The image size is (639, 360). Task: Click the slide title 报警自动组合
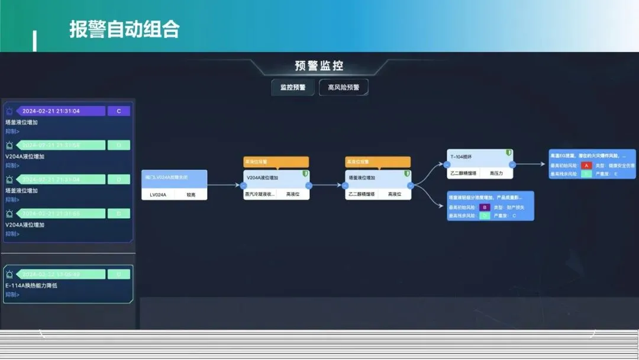point(124,29)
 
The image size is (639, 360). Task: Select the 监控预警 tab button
point(293,88)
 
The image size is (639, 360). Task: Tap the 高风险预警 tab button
point(344,88)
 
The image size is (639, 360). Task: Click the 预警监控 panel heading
point(319,66)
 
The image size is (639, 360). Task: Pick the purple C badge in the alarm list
point(119,111)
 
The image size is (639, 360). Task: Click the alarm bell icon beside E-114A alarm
point(9,274)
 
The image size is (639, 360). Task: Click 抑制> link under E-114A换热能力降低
point(12,294)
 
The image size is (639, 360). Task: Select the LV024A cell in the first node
point(158,194)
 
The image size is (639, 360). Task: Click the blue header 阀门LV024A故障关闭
point(174,177)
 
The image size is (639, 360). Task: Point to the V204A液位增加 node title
point(263,177)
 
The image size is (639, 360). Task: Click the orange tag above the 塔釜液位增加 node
point(377,162)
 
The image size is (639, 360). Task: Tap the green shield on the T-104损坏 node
point(508,153)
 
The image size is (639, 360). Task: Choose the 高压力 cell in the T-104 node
point(496,173)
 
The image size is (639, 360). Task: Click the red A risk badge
point(586,165)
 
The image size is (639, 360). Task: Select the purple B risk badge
point(485,207)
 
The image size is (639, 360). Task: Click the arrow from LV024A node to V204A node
point(225,185)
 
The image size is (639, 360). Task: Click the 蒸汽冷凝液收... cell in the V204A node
point(260,194)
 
